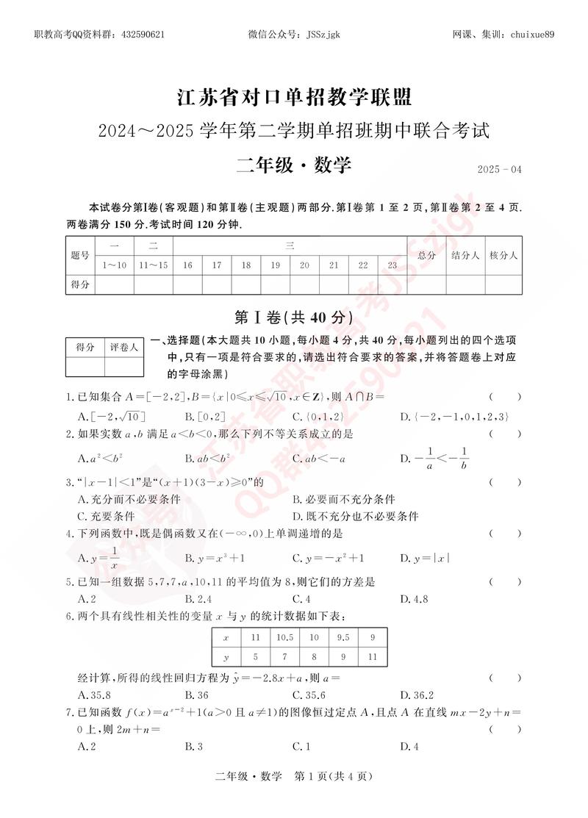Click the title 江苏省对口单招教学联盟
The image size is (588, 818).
pyautogui.click(x=294, y=96)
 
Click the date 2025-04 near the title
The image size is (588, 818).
pyautogui.click(x=498, y=170)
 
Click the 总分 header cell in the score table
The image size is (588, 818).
pyautogui.click(x=426, y=255)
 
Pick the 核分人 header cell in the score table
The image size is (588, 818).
pyautogui.click(x=503, y=255)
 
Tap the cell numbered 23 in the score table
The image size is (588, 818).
pyautogui.click(x=392, y=265)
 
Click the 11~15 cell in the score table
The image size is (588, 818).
pyautogui.click(x=153, y=265)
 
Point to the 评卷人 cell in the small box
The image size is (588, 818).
pyautogui.click(x=124, y=347)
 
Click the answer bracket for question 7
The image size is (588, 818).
pyautogui.click(x=505, y=730)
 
